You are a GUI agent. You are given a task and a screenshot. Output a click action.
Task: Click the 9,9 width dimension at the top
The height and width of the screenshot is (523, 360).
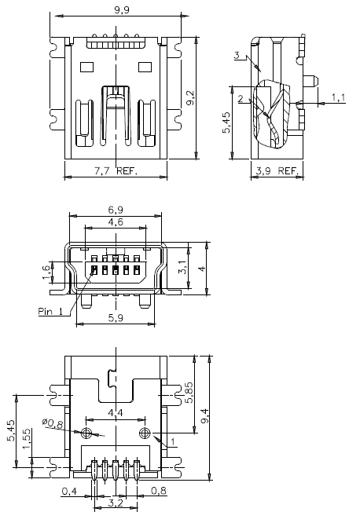(123, 10)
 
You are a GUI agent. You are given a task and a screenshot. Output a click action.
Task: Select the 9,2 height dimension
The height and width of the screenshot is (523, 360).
(190, 97)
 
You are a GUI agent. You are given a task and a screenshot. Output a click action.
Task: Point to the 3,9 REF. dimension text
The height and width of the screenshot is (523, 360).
(277, 170)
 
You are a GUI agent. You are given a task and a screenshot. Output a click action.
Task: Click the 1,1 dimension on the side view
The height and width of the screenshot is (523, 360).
(339, 97)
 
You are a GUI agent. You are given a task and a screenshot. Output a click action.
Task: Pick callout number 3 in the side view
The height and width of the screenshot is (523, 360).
(237, 55)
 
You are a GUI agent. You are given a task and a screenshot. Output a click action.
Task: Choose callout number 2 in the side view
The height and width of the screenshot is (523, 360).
(241, 99)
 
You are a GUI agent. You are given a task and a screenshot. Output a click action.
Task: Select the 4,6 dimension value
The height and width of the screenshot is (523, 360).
(116, 224)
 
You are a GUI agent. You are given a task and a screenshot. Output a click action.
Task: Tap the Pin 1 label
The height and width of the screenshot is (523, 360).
(50, 310)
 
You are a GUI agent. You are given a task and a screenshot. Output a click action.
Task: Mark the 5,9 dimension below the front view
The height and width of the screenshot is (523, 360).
(116, 318)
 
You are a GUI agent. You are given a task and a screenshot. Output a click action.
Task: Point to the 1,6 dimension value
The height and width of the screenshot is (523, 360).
(46, 272)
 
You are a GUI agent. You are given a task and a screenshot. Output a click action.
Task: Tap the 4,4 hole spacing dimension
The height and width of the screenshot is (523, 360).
(115, 413)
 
